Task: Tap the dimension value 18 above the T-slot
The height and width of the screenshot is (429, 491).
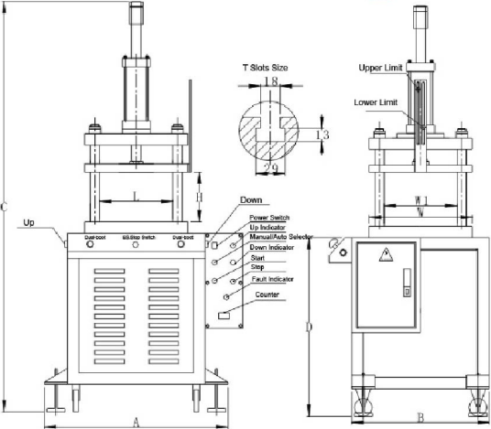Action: pyautogui.click(x=270, y=81)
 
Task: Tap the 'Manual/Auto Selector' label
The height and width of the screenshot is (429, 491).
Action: pyautogui.click(x=281, y=237)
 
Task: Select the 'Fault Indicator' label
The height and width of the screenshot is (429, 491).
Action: pyautogui.click(x=275, y=278)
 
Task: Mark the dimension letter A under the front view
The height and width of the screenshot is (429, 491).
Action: pyautogui.click(x=136, y=421)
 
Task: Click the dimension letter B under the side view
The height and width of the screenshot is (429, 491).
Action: pyautogui.click(x=419, y=418)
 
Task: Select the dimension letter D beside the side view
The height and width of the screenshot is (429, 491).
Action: pyautogui.click(x=311, y=325)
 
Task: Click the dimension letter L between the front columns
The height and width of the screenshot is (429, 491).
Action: pyautogui.click(x=136, y=194)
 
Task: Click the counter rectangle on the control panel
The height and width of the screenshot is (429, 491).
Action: pyautogui.click(x=224, y=316)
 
